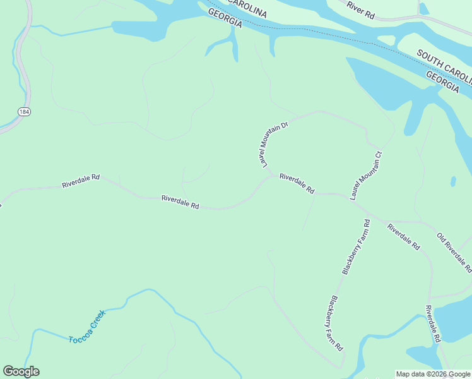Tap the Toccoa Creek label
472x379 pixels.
coord(86,326)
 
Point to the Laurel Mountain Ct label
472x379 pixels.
coord(367,176)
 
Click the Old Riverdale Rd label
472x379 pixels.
coord(454,252)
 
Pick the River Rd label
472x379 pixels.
coord(361,10)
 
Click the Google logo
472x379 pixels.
coord(21,371)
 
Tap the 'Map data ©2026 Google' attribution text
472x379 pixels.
coord(433,374)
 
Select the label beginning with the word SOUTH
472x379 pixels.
coord(444,64)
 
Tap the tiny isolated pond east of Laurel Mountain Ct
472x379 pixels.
coord(453,182)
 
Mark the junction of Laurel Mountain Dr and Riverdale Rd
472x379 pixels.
coord(272,175)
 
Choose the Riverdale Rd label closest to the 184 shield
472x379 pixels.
coord(81,181)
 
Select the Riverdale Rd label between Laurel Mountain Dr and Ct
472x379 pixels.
coord(297,183)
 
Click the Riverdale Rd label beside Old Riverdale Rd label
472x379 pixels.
coord(404,237)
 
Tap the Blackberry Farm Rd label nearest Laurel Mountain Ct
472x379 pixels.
coord(356,247)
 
